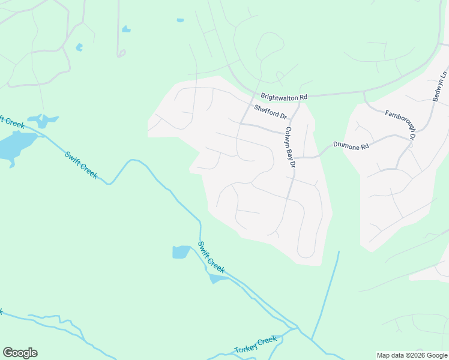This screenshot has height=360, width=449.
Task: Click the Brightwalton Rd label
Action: (284, 97)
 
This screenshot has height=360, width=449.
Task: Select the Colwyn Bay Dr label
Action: (291, 147)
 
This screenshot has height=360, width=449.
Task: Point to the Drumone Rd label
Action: (352, 145)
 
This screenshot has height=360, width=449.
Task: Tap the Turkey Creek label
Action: (255, 345)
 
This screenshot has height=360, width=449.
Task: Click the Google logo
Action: (20, 353)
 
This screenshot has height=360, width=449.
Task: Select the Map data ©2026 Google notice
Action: (412, 355)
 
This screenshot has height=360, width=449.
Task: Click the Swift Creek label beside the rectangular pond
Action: (211, 258)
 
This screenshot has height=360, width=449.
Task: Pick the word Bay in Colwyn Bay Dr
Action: (291, 148)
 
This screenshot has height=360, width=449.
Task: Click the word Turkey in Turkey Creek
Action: (246, 347)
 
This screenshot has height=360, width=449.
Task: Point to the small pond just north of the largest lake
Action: (43, 120)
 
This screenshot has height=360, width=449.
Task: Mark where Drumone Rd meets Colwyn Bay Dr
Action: (295, 158)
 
